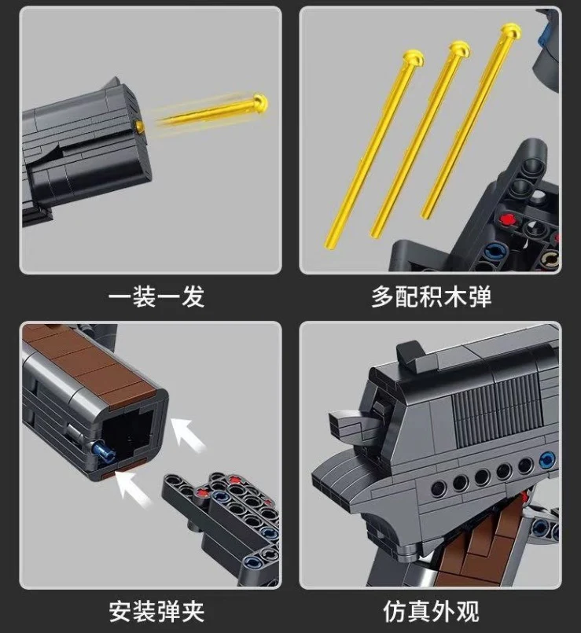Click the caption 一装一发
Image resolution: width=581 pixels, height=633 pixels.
tap(156, 296)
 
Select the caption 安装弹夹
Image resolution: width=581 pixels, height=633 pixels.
tap(156, 610)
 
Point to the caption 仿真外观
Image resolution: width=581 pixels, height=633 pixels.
tap(431, 610)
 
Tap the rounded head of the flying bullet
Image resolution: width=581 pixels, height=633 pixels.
tap(260, 101)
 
